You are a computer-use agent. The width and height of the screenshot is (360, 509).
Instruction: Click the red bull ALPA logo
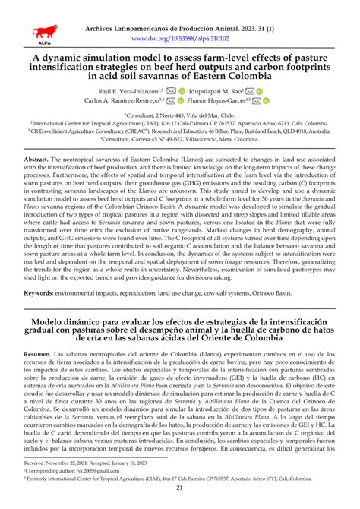(43, 33)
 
